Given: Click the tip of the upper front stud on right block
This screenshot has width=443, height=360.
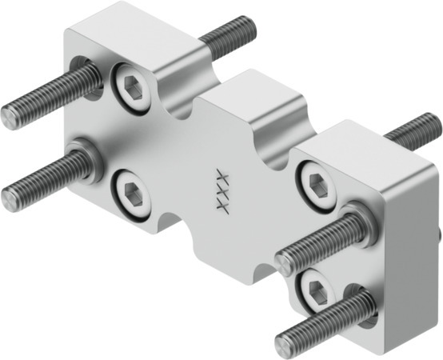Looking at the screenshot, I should (x=284, y=262).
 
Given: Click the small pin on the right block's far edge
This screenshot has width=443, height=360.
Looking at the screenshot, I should (x=439, y=235).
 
